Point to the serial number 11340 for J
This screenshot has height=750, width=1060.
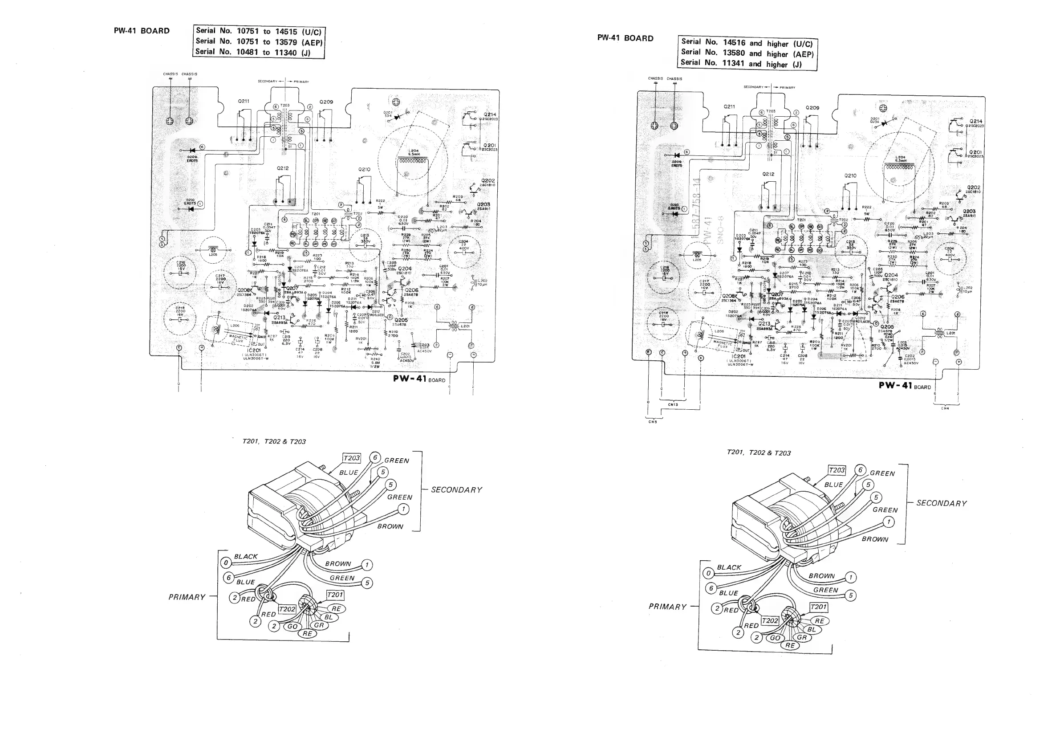click(x=285, y=53)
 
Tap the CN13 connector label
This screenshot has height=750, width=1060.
click(x=673, y=404)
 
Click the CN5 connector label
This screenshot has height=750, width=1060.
click(x=652, y=421)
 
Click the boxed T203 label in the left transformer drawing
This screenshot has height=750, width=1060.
click(x=351, y=458)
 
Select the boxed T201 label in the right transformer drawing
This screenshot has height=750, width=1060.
click(x=819, y=607)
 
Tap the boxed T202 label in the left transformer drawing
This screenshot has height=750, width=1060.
click(x=287, y=609)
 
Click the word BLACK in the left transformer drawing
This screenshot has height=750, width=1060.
click(x=246, y=557)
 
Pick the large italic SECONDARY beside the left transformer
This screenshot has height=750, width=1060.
click(x=456, y=490)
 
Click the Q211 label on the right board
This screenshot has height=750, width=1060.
click(x=729, y=107)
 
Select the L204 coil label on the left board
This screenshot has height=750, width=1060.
click(x=413, y=151)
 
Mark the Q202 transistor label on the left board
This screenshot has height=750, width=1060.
click(x=487, y=180)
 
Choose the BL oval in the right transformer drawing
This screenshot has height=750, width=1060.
click(x=811, y=629)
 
